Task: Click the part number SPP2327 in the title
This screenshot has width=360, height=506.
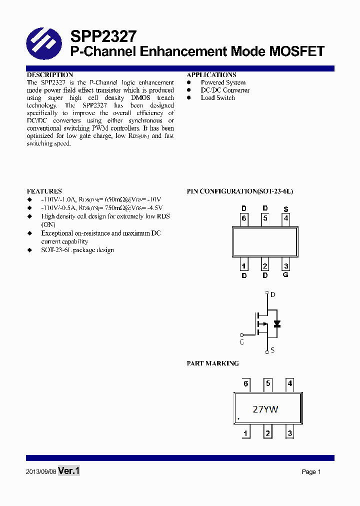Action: click(102, 36)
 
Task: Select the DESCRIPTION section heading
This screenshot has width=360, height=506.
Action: click(49, 75)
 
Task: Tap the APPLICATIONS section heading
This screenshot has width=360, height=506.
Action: click(211, 75)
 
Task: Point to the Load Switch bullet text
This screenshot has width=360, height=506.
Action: click(217, 97)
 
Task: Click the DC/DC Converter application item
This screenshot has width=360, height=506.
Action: click(225, 90)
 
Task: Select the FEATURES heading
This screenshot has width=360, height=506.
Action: click(44, 191)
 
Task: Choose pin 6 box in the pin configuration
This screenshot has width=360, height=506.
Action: click(244, 218)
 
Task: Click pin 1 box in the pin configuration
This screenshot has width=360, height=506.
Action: click(244, 266)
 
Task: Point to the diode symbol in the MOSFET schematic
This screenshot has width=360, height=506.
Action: click(276, 323)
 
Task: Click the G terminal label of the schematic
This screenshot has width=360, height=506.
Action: click(242, 342)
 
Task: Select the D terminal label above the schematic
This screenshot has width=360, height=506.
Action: click(273, 294)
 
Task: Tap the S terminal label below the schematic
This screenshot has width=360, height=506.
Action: click(272, 350)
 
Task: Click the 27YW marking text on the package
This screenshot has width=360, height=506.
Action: click(265, 409)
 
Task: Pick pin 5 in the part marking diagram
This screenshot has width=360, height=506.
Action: click(268, 384)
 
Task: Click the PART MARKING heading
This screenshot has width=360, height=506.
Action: click(212, 363)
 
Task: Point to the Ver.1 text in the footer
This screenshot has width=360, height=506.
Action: click(69, 471)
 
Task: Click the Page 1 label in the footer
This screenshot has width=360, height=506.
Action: click(311, 472)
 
